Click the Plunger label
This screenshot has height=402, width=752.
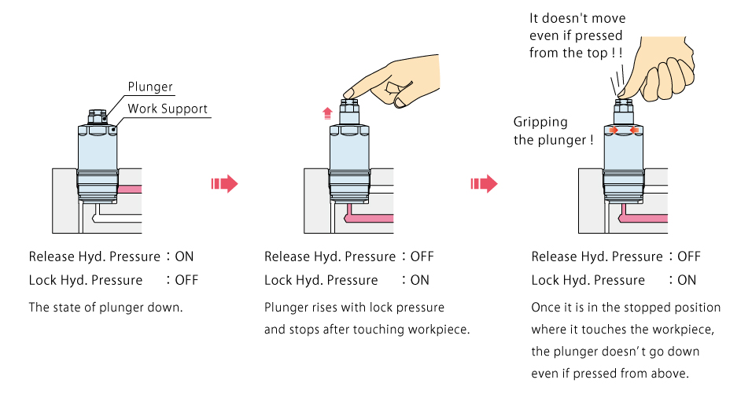(x=150, y=87)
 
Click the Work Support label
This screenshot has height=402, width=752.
(x=168, y=109)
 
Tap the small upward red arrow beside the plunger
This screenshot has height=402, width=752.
(x=327, y=113)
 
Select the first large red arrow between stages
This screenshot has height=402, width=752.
(x=224, y=184)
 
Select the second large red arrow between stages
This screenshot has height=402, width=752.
(x=484, y=184)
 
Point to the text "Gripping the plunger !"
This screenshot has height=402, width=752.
(x=554, y=131)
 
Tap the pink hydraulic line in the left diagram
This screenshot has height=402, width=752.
(x=130, y=189)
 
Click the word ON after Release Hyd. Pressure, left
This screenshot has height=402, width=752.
(x=184, y=256)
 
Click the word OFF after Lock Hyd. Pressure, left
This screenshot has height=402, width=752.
(x=186, y=280)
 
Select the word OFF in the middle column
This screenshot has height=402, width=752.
(x=422, y=256)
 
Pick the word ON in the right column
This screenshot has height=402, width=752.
(x=687, y=280)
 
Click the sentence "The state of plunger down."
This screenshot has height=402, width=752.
(x=105, y=308)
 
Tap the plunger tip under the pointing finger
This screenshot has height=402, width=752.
(x=349, y=101)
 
